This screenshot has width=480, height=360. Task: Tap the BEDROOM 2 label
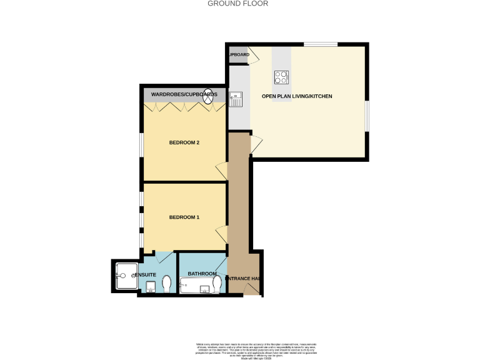coord(184,142)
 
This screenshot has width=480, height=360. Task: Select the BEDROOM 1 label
coord(184,217)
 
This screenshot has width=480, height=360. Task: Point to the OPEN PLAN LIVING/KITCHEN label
coord(297,96)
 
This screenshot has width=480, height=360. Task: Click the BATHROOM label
coord(202,274)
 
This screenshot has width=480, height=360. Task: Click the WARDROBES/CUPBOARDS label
coord(184,94)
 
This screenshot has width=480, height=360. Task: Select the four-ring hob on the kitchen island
coord(281,77)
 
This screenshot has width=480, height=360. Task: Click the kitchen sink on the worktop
coord(236,98)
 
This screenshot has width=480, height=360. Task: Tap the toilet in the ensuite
coord(167,284)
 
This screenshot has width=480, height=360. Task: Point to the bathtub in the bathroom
coord(196,286)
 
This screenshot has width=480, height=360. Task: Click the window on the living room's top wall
coord(321,44)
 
